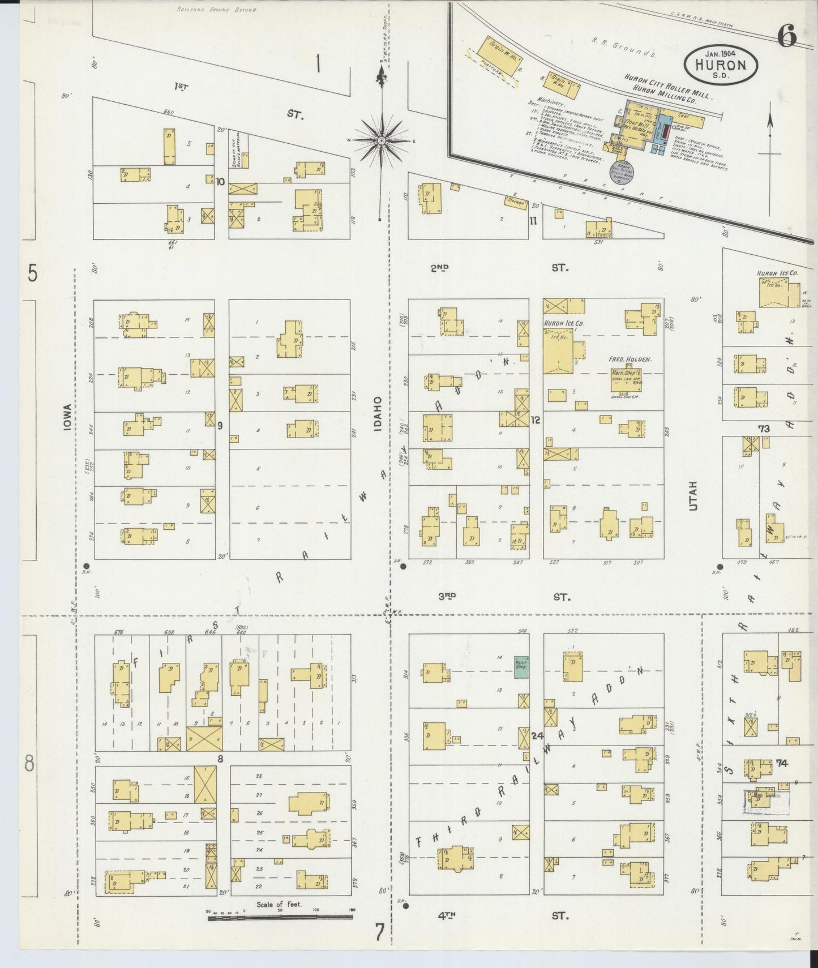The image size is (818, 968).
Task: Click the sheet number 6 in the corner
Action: pyautogui.click(x=787, y=37)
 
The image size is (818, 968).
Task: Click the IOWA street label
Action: pyautogui.click(x=67, y=418)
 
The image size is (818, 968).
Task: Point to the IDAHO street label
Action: pyautogui.click(x=378, y=414)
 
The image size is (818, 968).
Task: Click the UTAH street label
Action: pyautogui.click(x=693, y=496)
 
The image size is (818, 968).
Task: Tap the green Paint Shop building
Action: pyautogui.click(x=521, y=667)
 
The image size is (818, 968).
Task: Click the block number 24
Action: pyautogui.click(x=537, y=736)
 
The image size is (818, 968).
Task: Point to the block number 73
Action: pyautogui.click(x=764, y=429)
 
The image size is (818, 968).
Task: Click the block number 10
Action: pyautogui.click(x=220, y=182)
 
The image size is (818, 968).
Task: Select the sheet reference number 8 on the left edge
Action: pyautogui.click(x=29, y=764)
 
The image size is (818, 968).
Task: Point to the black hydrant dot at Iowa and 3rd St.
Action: pyautogui.click(x=86, y=566)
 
